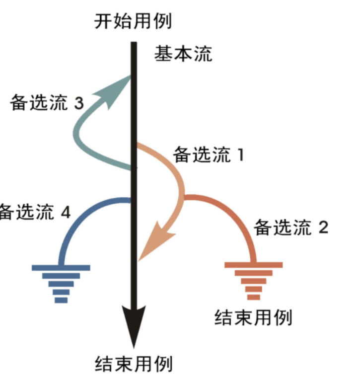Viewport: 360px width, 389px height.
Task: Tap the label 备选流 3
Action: pos(47,103)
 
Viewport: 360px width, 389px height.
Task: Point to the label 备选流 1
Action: pos(209,155)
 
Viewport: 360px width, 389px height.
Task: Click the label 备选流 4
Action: pos(35,212)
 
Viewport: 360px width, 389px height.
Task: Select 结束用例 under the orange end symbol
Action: pos(253,317)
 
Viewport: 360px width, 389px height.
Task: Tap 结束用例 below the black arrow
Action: pos(134,365)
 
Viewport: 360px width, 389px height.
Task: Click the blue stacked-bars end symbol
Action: pos(61,283)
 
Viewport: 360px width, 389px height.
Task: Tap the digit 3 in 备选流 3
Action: pos(78,103)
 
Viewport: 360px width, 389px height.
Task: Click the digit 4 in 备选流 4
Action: pos(65,212)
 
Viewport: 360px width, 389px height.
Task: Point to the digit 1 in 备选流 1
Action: pos(240,155)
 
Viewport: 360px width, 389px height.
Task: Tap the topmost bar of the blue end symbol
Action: pos(61,267)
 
